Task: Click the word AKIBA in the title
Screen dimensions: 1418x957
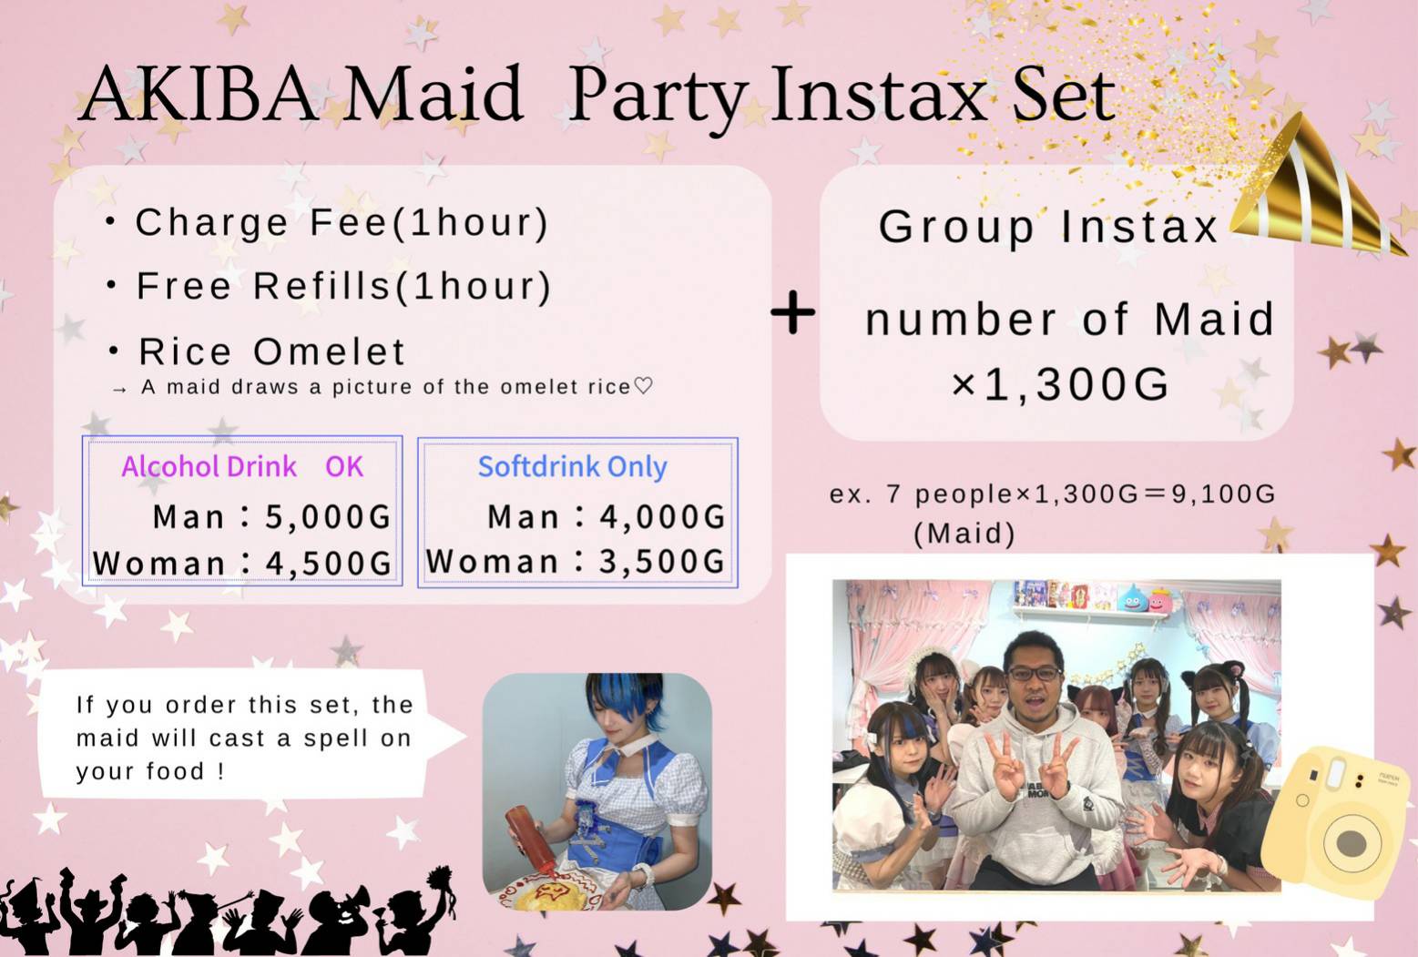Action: (199, 94)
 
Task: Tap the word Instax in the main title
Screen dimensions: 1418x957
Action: (878, 95)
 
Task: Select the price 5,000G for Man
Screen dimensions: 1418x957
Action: (327, 516)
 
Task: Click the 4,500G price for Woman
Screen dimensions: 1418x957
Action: (329, 564)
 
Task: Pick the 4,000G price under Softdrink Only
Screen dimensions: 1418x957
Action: (662, 516)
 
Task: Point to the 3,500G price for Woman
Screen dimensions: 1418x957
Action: (662, 561)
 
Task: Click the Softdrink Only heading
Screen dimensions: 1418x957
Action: (572, 467)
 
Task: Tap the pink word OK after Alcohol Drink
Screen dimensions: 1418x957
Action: (344, 466)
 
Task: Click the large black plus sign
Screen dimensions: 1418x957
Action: (793, 312)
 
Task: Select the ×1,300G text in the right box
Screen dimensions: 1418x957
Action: (1060, 384)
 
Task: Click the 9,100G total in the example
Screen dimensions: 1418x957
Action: (1223, 494)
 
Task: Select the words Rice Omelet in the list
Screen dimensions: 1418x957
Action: (272, 351)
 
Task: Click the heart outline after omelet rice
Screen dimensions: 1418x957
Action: (643, 385)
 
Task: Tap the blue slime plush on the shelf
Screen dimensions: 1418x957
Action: (1133, 598)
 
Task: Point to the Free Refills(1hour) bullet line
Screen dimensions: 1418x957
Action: (329, 286)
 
